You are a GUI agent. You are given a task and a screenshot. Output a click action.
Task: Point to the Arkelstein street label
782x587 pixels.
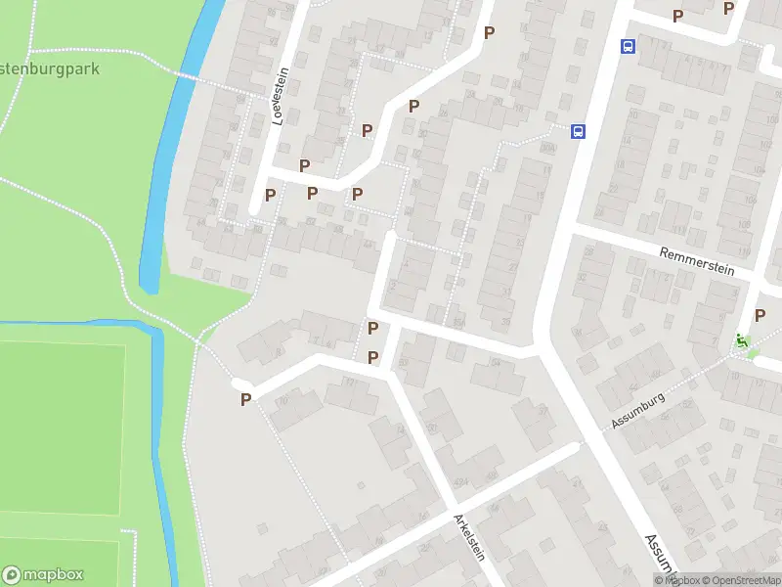[468, 535]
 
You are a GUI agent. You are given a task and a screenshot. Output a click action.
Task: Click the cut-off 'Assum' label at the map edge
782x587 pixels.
[661, 554]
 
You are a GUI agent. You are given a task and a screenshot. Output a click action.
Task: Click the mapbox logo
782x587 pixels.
[43, 575]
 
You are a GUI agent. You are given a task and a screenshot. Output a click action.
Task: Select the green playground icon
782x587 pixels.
[741, 341]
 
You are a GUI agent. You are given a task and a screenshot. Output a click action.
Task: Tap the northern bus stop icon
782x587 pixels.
[628, 46]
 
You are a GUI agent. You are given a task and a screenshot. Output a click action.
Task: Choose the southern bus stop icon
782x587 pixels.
[579, 131]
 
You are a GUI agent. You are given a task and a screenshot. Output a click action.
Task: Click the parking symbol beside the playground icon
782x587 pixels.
[760, 315]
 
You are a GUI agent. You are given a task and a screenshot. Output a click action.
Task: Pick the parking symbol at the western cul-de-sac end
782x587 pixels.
[246, 398]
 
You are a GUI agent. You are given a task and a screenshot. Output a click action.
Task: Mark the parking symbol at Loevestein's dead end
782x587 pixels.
[270, 195]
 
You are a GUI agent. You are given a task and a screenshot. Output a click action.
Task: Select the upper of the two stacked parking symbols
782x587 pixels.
[372, 328]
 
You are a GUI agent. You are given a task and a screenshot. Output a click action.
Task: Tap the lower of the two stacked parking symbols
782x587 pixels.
[372, 358]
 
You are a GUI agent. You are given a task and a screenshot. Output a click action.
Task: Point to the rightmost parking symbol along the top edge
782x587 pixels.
[728, 8]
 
